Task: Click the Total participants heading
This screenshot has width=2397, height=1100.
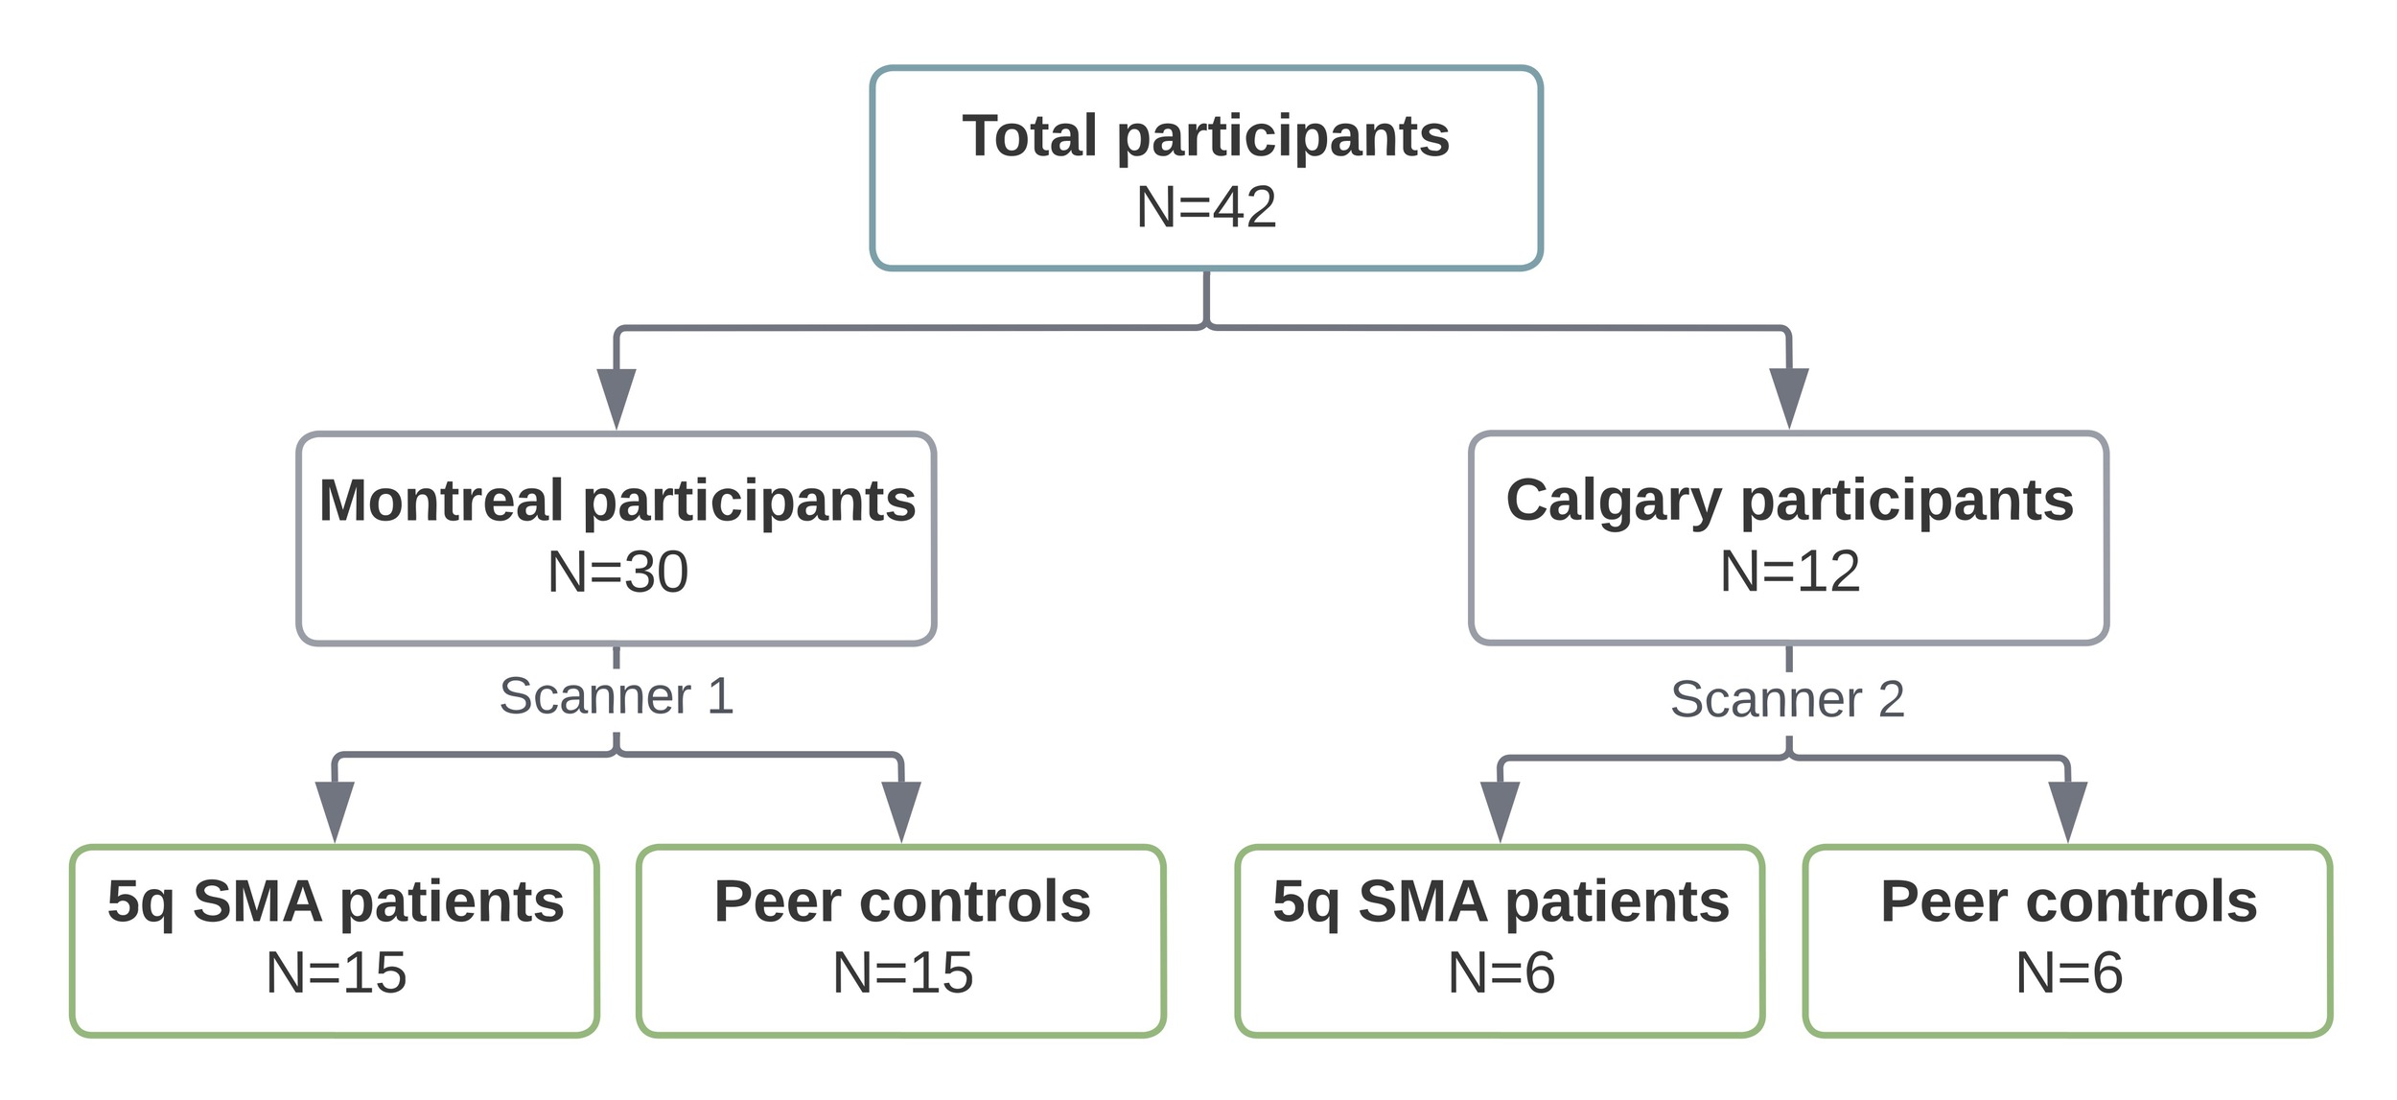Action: (1205, 136)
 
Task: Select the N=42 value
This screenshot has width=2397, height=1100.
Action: (1205, 207)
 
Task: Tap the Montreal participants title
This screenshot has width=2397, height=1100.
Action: (617, 501)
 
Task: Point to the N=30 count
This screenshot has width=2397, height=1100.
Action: (617, 572)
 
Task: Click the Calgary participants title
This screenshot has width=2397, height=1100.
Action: (1789, 501)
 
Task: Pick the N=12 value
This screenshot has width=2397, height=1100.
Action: (1789, 572)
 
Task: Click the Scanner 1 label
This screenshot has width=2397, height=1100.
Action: (617, 696)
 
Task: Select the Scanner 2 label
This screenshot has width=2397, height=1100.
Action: (1787, 699)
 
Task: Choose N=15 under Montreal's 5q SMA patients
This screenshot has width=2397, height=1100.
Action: (336, 972)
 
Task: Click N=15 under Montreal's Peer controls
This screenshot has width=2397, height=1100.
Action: (902, 972)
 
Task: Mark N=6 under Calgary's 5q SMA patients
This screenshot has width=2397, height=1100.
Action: (1501, 972)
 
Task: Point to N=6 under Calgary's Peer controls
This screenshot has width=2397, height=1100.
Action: (2068, 972)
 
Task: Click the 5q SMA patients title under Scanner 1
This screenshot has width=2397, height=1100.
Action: (336, 901)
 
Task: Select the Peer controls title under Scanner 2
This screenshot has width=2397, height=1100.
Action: (2068, 901)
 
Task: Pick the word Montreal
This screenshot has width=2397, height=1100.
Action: (440, 501)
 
